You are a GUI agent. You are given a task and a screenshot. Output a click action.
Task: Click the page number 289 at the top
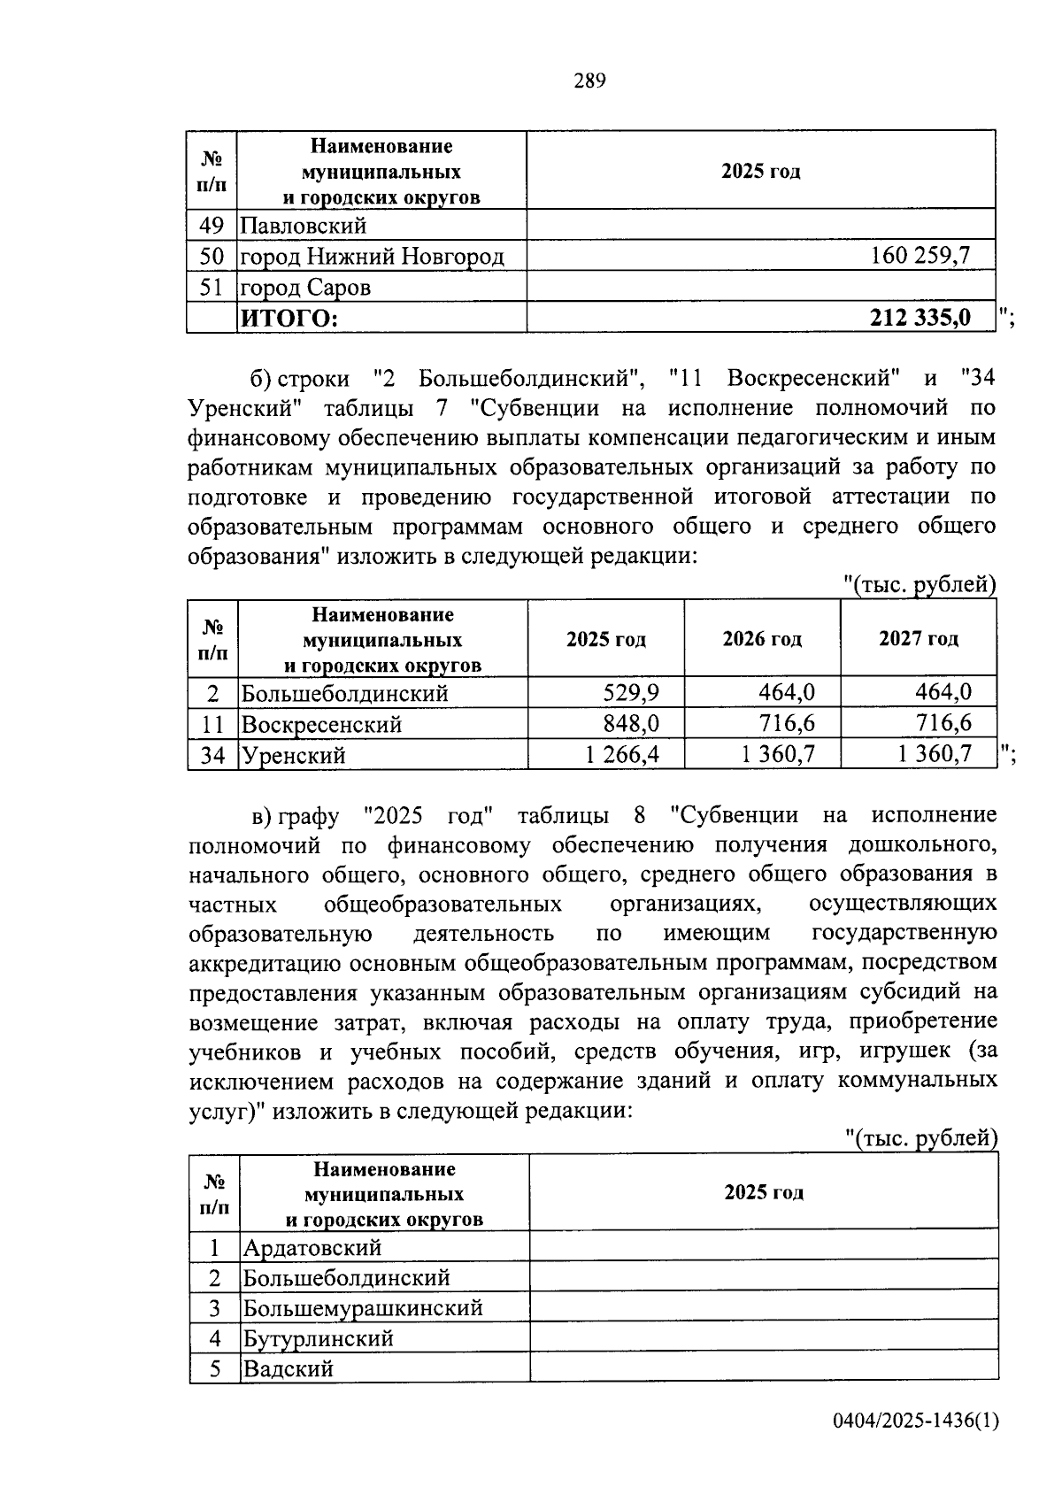(589, 81)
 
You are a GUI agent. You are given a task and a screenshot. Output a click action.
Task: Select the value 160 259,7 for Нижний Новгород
(920, 257)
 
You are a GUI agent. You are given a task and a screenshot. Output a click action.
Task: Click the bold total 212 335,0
(920, 317)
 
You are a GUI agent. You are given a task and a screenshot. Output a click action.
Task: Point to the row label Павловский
(304, 227)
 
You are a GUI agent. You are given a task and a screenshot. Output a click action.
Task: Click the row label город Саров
(306, 288)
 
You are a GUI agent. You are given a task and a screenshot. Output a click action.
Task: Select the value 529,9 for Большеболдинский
(631, 693)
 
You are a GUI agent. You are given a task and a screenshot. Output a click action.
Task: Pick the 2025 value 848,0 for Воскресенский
(631, 724)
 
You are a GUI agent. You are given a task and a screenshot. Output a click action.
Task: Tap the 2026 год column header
(762, 639)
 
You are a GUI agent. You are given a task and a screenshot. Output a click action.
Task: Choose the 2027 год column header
(918, 639)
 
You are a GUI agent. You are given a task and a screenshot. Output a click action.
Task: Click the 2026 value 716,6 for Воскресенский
(787, 724)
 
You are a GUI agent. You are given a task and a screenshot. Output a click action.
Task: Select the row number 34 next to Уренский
(212, 756)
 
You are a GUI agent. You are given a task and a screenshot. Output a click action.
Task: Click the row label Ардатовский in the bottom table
(312, 1248)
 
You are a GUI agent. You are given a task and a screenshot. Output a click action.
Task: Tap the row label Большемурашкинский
(363, 1308)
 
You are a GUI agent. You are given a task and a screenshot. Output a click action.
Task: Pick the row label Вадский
(288, 1369)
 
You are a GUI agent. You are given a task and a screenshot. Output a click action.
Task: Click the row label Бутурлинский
(318, 1339)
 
